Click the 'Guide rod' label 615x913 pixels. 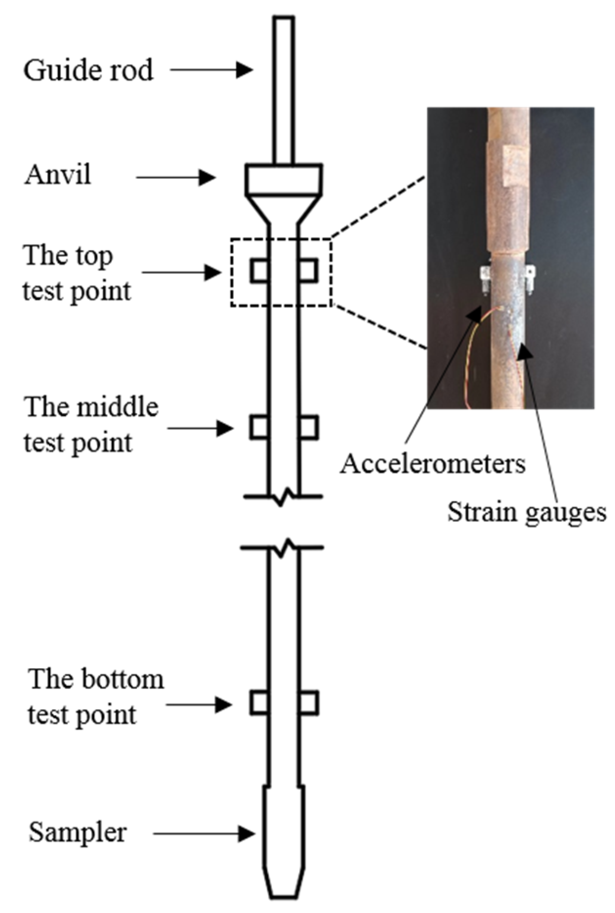tap(88, 70)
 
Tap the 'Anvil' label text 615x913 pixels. tap(58, 175)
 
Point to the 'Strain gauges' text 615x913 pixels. tap(527, 513)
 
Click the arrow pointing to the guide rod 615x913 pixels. tap(211, 70)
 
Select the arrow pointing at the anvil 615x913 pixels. tap(175, 178)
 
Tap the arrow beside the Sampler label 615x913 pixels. tap(204, 833)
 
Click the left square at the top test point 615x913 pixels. tap(260, 271)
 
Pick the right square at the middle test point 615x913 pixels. tap(308, 427)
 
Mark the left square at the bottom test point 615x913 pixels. tap(259, 703)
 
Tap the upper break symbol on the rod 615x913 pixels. tap(283, 497)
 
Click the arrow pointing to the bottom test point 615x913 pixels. tap(198, 705)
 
